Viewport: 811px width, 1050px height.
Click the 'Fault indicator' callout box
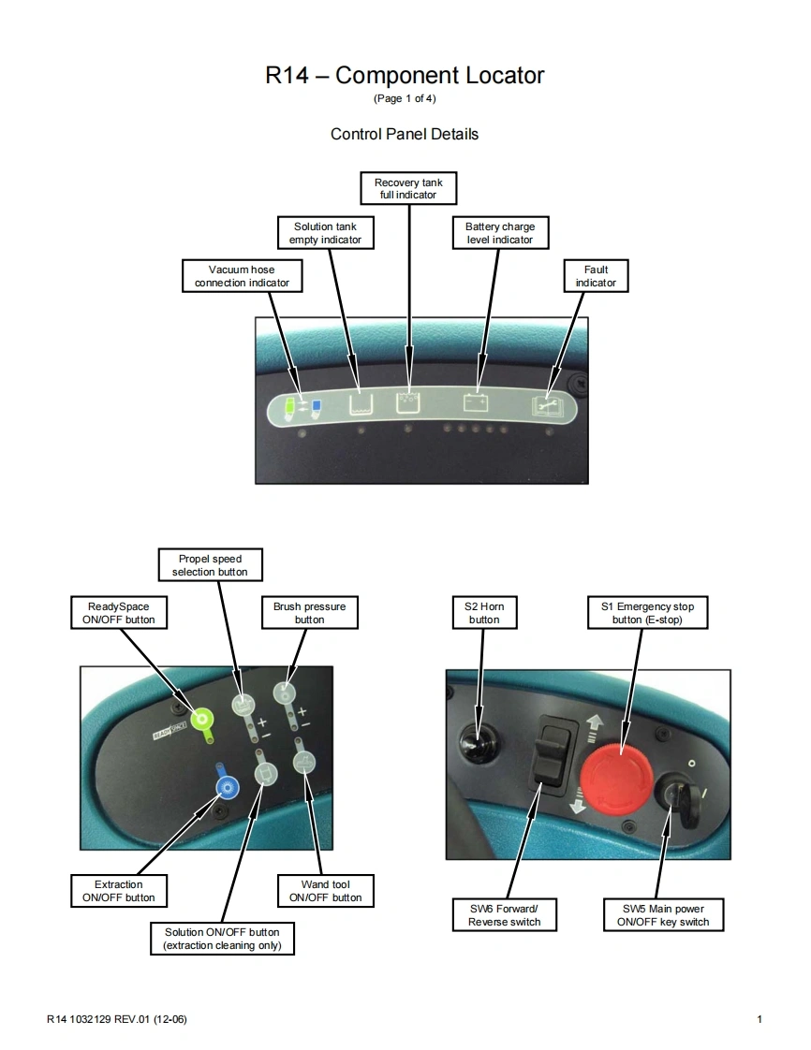coord(596,276)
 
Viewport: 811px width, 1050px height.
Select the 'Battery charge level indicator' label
coord(499,233)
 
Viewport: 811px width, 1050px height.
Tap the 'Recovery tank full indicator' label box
coord(408,189)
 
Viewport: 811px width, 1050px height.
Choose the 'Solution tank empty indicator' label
coord(325,233)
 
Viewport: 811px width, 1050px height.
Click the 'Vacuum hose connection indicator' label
coord(242,276)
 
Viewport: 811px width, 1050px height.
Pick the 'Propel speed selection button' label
coord(209,565)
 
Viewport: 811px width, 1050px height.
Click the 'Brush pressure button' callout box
coord(309,613)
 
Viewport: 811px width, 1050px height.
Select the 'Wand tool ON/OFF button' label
coord(325,891)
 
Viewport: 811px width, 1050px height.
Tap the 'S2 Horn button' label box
coord(484,613)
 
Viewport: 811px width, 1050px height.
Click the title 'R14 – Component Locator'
coord(405,76)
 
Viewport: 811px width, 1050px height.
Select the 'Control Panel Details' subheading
coord(405,134)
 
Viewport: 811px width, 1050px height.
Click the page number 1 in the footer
coord(759,1019)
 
